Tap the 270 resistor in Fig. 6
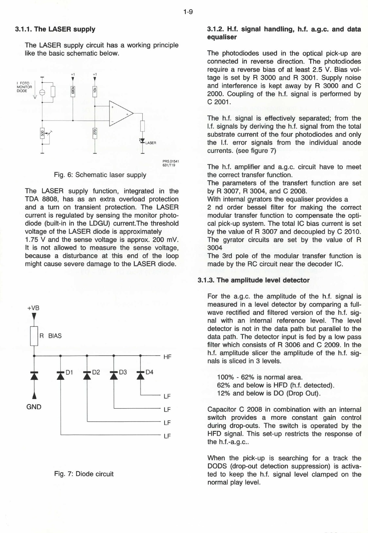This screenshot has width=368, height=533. pos(95,133)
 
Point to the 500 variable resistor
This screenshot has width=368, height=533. pos(42,133)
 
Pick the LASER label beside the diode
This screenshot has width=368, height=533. pos(151,143)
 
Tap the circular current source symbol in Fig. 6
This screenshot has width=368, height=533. pos(42,92)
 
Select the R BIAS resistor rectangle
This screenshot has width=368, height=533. pos(34,336)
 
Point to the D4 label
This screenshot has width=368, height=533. pos(149,372)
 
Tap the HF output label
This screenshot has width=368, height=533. pos(167,357)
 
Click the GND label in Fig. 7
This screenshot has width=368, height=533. pos(34,407)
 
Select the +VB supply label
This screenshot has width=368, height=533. pos(33,308)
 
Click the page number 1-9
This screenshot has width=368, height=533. pos(188,12)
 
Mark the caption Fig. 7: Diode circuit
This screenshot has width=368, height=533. pos(84,474)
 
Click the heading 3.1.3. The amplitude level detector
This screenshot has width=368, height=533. pos(254,280)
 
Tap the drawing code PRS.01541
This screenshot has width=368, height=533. pos(171,161)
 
